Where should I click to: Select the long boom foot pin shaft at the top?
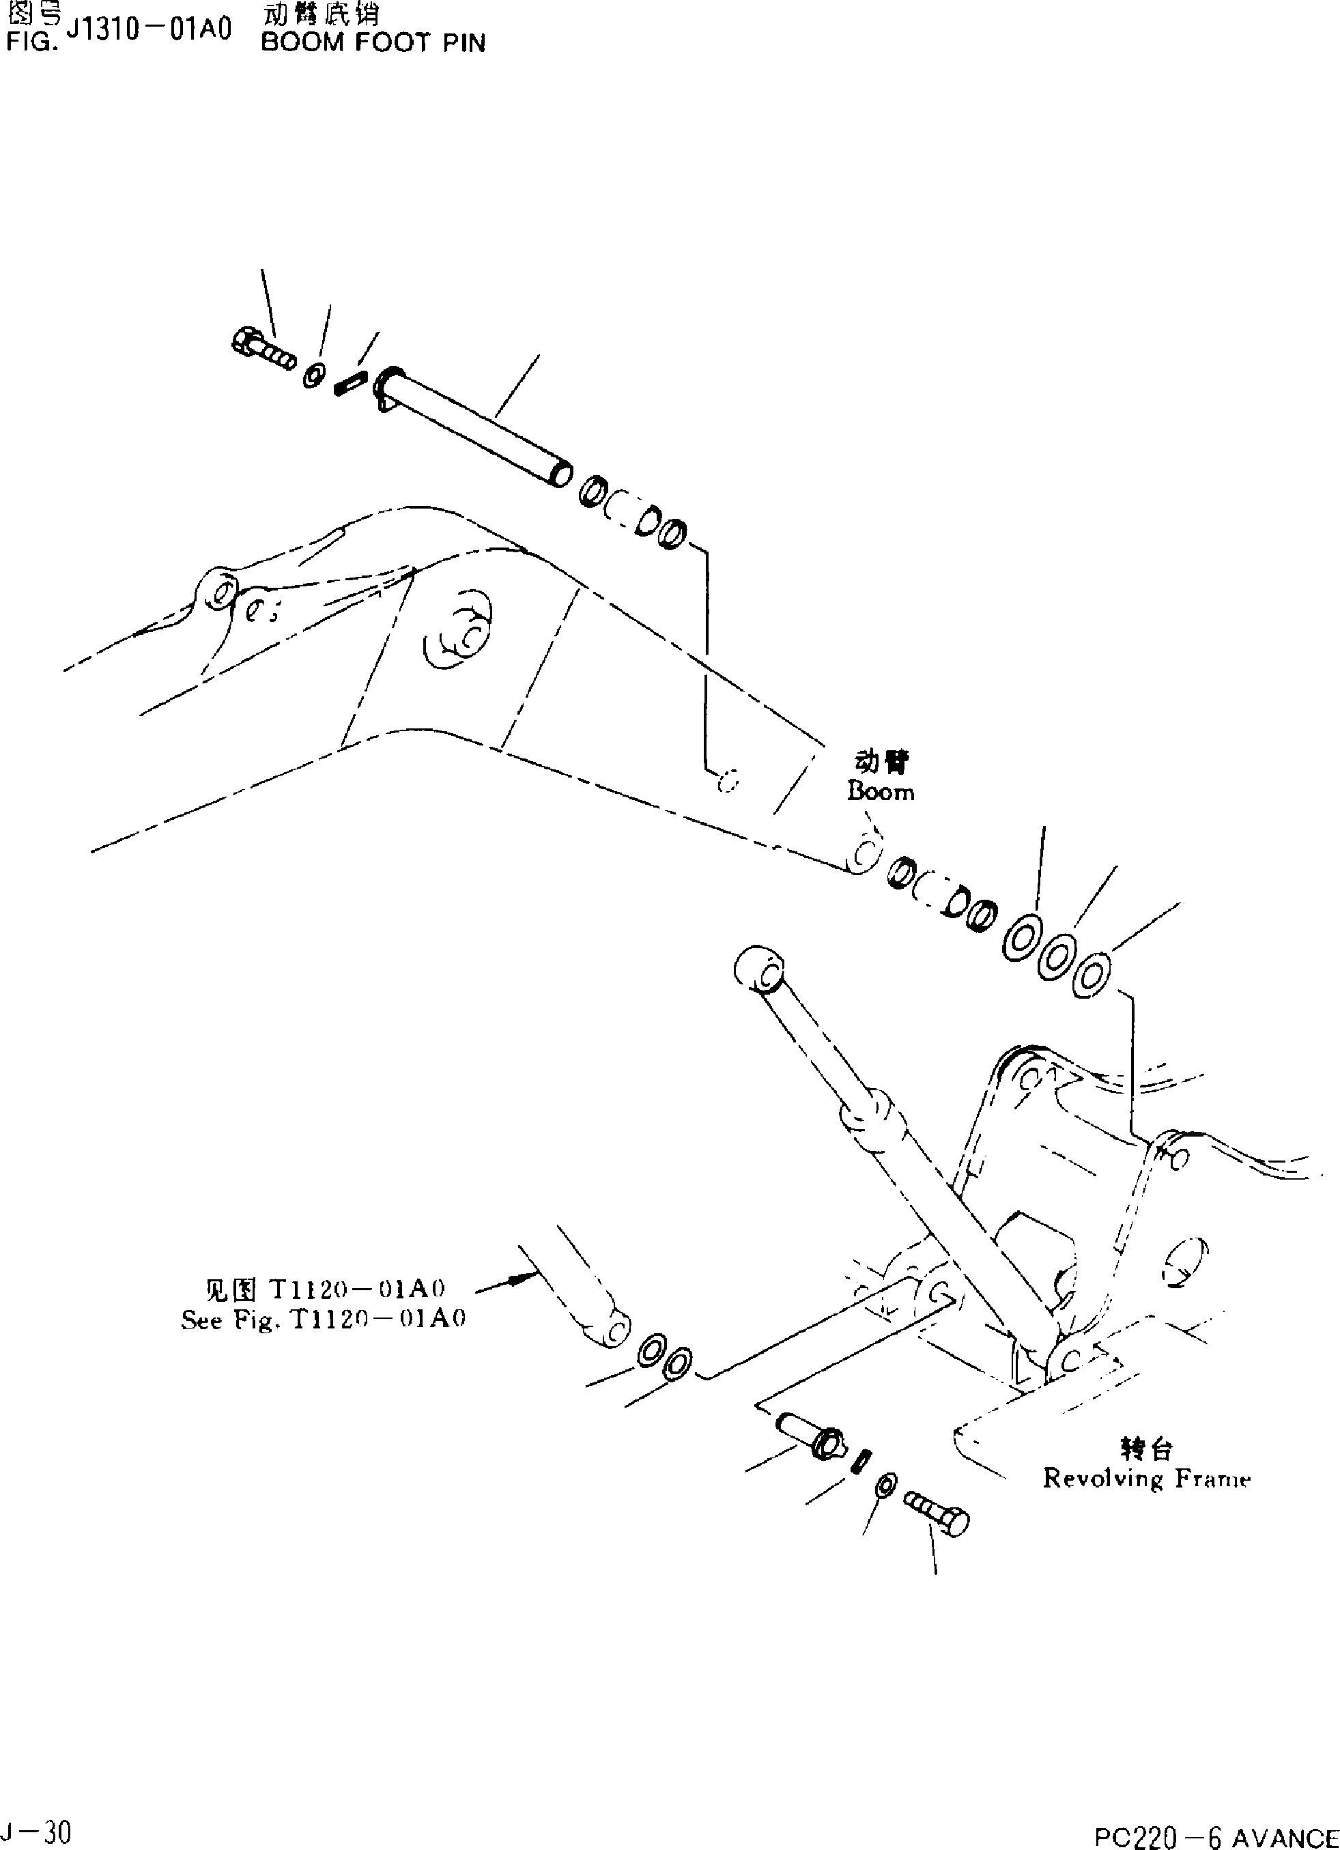point(474,427)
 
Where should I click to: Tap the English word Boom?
point(881,791)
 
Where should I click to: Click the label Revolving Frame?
point(1147,1477)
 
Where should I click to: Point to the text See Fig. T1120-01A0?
point(323,1320)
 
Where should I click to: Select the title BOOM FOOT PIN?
point(373,42)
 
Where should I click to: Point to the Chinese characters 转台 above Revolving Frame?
point(1146,1448)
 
